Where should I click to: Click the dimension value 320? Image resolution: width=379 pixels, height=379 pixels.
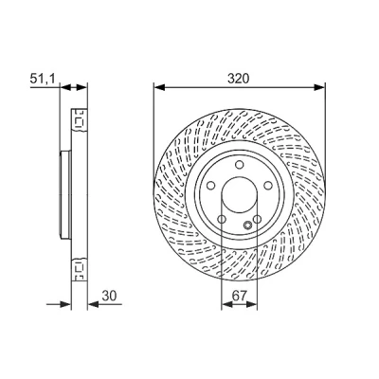click(x=239, y=79)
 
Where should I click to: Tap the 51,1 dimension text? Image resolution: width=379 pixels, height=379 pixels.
click(x=43, y=79)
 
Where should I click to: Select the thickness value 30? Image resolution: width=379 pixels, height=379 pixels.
click(x=109, y=296)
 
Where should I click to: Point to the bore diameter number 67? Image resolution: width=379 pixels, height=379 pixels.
click(x=239, y=296)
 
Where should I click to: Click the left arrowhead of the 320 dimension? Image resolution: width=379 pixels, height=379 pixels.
click(x=159, y=87)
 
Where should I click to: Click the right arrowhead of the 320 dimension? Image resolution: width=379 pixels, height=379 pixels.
click(x=318, y=87)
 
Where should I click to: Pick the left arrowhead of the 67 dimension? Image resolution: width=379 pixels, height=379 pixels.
click(x=226, y=304)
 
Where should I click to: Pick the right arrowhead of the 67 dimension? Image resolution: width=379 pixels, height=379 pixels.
click(x=252, y=304)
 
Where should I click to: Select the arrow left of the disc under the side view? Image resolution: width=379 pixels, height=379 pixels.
click(x=59, y=304)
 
